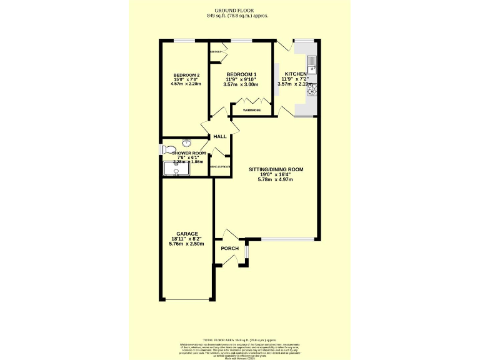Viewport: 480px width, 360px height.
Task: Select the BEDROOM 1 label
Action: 241,74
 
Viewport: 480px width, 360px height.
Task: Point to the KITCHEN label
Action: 296,74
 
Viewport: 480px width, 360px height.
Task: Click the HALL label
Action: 219,136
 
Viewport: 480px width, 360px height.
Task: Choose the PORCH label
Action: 230,248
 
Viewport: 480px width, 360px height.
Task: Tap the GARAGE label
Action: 187,234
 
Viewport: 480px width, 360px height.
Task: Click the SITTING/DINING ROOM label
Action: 276,169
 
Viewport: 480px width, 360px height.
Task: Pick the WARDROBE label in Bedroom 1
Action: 252,111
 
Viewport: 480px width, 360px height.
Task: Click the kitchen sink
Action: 312,62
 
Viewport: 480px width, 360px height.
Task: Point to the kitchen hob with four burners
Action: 312,89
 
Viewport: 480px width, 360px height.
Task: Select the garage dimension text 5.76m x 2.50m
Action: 187,244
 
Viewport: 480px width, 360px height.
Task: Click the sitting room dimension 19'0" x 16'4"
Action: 276,174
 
